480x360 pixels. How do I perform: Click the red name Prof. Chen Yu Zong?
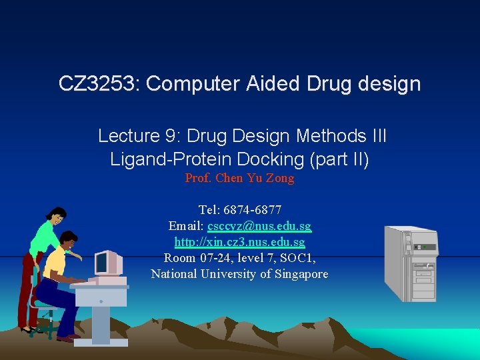click(x=239, y=179)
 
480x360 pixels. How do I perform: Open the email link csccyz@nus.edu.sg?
click(x=259, y=227)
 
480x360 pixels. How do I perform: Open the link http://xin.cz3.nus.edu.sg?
click(x=239, y=242)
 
